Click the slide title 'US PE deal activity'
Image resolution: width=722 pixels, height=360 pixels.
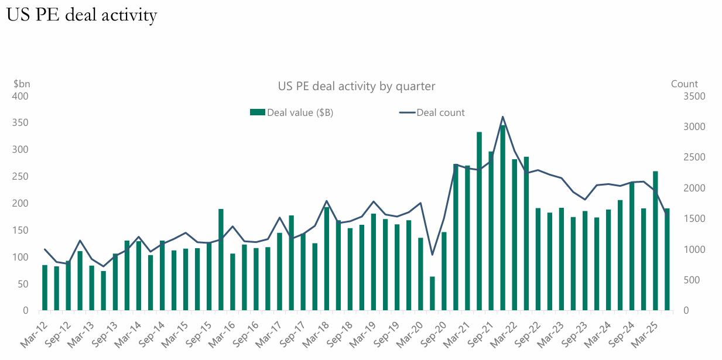(81, 15)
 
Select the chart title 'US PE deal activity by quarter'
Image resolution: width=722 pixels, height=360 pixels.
(356, 87)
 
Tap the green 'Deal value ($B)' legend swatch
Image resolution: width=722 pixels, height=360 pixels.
(258, 112)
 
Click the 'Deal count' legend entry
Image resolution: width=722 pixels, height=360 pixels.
(440, 112)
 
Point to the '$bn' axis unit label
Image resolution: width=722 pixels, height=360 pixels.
(21, 84)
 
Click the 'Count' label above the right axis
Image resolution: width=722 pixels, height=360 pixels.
(684, 84)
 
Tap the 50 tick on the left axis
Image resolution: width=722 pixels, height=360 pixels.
(23, 284)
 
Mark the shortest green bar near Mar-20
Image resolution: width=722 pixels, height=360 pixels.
(432, 294)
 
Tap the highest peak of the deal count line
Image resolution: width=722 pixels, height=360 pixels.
(502, 116)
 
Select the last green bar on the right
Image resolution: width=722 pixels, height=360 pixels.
(667, 259)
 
